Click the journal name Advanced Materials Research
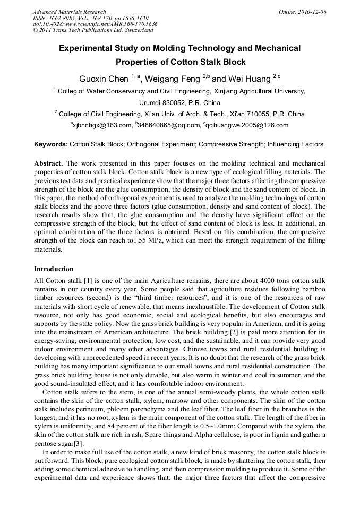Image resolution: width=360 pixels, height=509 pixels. coord(69,12)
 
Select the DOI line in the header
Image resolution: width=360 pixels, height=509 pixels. coord(95,24)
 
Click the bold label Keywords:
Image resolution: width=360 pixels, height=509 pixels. coord(51,144)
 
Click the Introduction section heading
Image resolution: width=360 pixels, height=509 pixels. coord(54,269)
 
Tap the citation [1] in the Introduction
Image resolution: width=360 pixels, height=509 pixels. coord(86,279)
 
